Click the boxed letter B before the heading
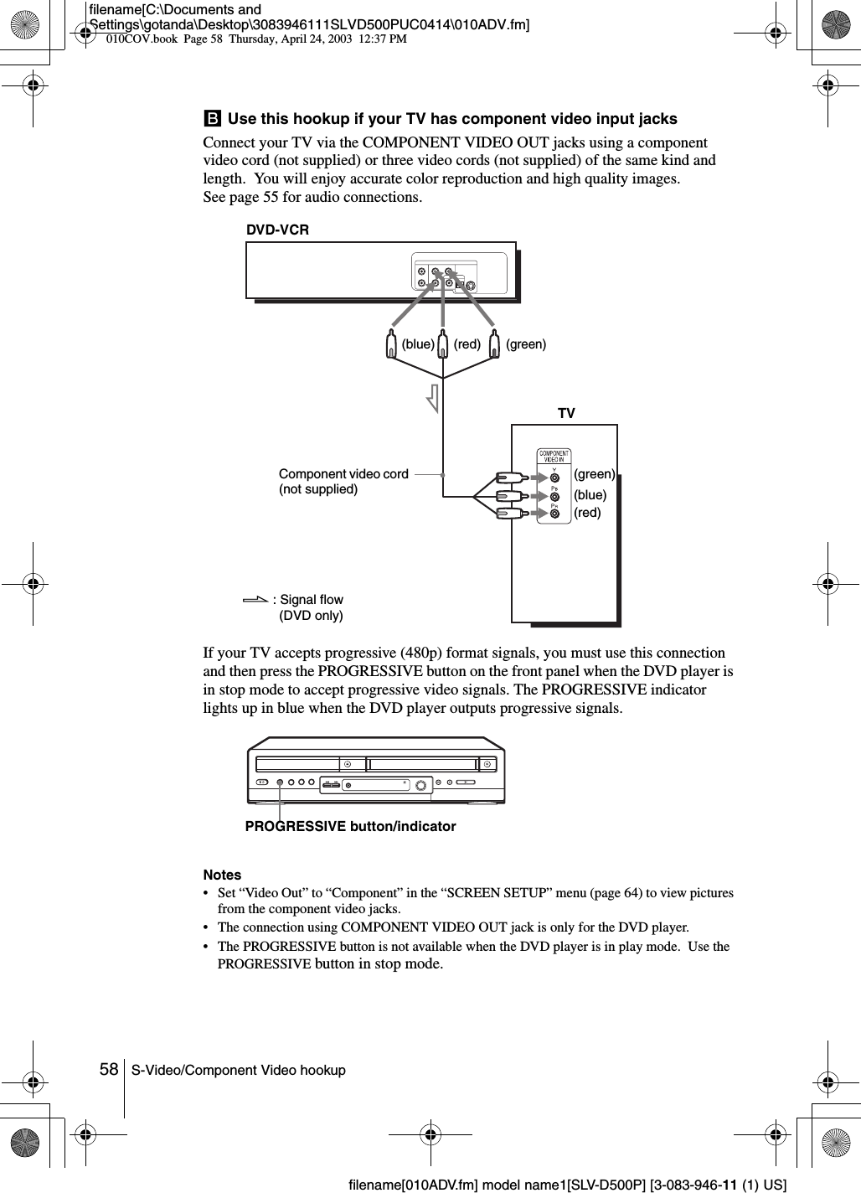click(212, 119)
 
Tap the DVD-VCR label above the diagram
click(277, 229)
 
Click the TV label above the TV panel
click(567, 414)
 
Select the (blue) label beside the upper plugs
click(418, 343)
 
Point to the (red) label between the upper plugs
click(467, 343)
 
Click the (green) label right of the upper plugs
click(526, 343)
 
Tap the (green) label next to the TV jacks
click(595, 474)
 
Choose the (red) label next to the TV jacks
click(587, 513)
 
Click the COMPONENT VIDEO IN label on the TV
click(554, 457)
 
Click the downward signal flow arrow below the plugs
click(432, 397)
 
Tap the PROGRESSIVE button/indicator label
click(350, 827)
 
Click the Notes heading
click(222, 874)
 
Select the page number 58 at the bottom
click(108, 1070)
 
